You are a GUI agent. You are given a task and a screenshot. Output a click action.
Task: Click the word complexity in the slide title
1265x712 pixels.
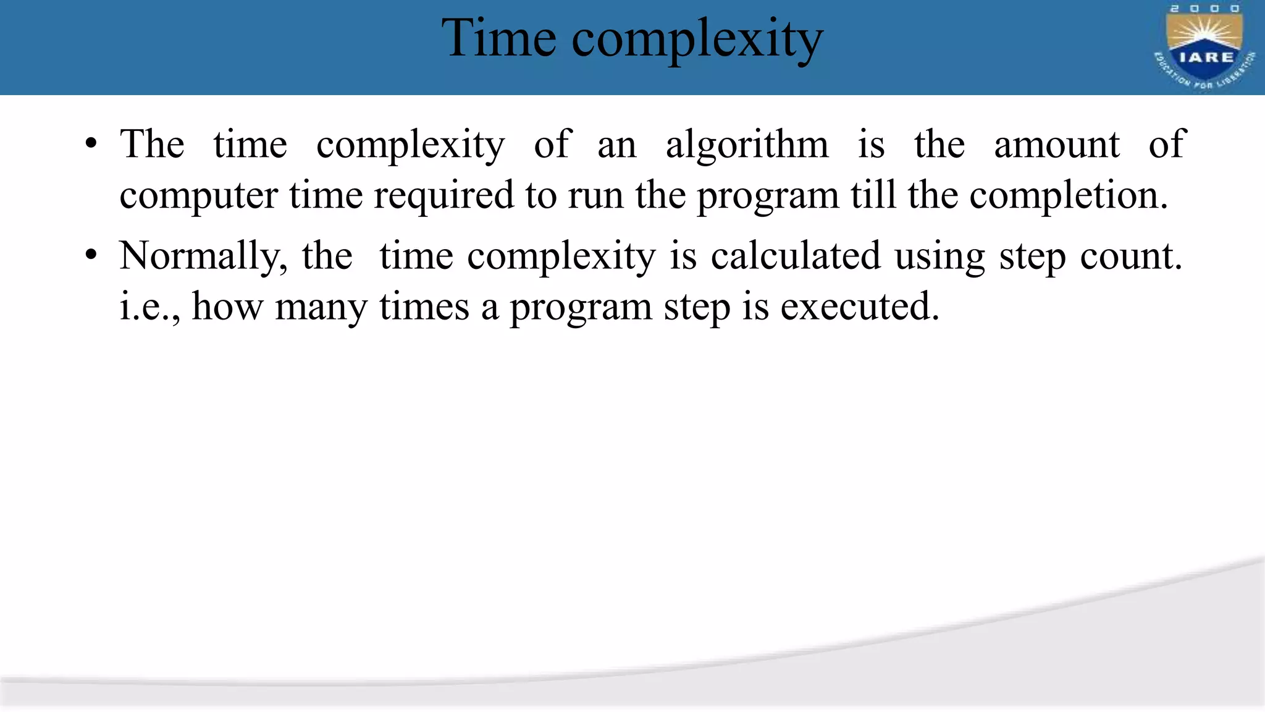click(x=697, y=41)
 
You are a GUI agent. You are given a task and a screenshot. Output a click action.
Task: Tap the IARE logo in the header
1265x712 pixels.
click(x=1204, y=48)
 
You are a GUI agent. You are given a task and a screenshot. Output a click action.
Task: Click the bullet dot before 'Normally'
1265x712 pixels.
click(x=91, y=255)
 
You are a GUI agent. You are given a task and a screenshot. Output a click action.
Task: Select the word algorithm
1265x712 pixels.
click(x=747, y=146)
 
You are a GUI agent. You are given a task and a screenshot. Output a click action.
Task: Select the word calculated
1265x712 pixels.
click(x=796, y=256)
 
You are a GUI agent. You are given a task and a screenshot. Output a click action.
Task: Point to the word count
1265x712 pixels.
click(x=1130, y=256)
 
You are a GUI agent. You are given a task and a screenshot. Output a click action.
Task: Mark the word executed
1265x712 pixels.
click(x=859, y=307)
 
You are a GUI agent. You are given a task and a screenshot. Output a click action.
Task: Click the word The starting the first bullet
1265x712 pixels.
click(x=152, y=145)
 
